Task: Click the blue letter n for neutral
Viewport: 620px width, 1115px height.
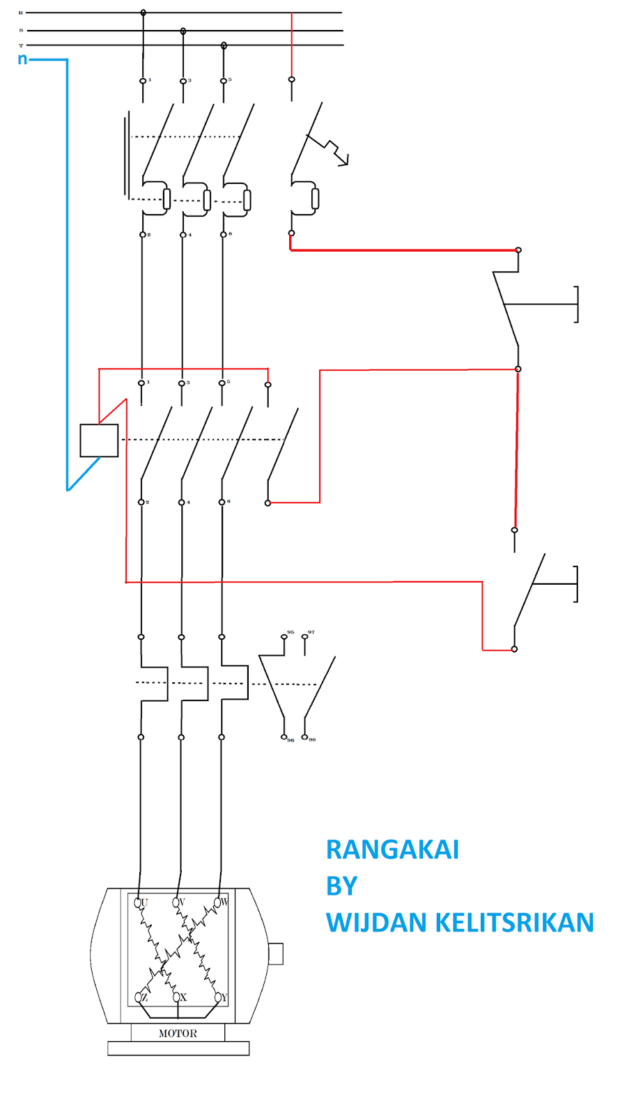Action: coord(22,59)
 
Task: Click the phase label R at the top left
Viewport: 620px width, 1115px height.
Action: coord(21,13)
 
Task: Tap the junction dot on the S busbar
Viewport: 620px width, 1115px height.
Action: coord(183,31)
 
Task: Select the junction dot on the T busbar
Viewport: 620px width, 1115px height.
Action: coord(224,45)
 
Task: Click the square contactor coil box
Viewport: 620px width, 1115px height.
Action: coord(99,440)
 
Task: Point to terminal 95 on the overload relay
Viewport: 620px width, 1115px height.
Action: coord(284,636)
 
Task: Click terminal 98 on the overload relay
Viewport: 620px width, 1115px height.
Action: coord(304,737)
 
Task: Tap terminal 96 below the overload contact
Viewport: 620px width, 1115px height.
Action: coord(284,737)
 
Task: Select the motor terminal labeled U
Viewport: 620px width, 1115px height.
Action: coord(139,902)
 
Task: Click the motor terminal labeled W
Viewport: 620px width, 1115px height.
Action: coord(218,902)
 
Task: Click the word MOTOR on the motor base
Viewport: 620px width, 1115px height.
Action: coord(178,1033)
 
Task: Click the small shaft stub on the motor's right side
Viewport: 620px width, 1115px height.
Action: coord(276,953)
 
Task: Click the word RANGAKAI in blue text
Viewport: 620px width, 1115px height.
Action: coord(392,849)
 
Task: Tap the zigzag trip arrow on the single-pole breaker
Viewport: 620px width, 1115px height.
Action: coord(334,151)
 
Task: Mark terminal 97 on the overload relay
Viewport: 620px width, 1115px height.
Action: coord(304,636)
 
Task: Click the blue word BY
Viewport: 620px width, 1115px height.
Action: coord(341,886)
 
